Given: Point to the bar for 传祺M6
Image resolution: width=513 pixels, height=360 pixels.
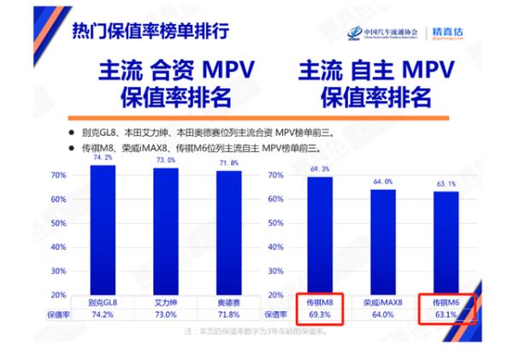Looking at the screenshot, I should coord(445,244).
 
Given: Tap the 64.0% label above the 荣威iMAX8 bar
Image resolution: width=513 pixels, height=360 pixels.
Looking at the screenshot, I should coord(383,181).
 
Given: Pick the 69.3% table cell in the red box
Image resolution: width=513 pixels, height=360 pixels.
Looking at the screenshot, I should coord(319,315).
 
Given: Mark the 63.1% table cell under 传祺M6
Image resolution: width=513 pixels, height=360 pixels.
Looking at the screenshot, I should coord(445,315).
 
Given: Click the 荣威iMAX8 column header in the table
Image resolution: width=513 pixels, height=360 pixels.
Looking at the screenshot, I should coord(383,302).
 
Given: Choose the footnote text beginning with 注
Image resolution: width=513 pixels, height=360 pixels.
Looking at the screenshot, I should coord(256,330).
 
